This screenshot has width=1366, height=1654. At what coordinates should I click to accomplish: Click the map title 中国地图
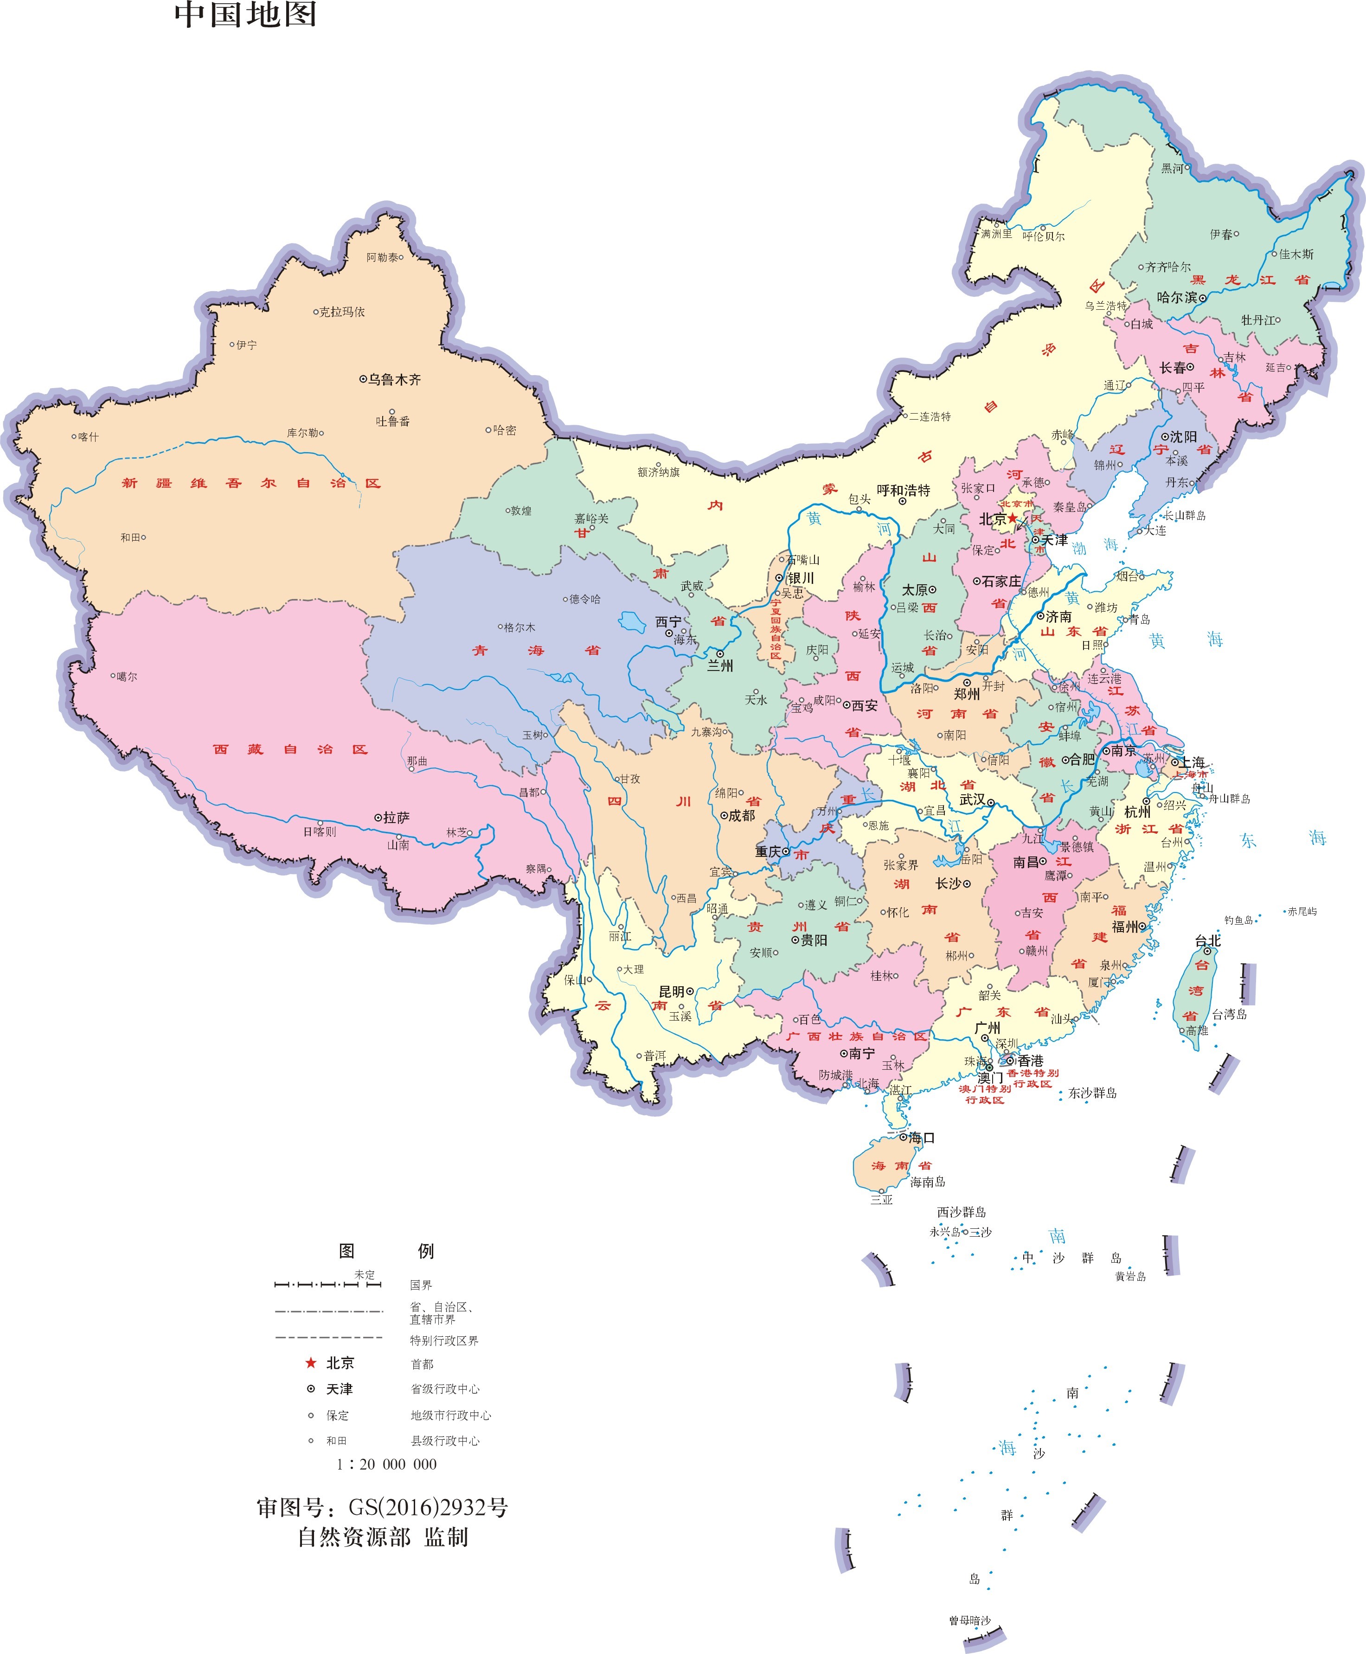coord(245,15)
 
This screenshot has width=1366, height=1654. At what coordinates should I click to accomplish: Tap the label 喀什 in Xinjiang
coord(88,436)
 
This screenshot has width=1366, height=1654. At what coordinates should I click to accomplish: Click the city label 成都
coord(741,816)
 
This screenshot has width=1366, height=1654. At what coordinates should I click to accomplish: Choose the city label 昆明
coord(671,992)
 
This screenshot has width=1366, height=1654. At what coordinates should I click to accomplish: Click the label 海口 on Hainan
coord(922,1137)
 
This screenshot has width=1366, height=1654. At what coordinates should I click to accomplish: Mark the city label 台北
coord(1207,941)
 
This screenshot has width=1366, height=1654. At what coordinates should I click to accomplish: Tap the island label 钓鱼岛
coord(1238,920)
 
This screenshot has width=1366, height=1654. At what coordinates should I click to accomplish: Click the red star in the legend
coord(311,1362)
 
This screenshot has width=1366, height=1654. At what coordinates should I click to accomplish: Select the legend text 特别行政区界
coord(444,1340)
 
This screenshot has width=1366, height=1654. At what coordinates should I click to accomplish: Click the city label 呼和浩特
coord(904,490)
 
